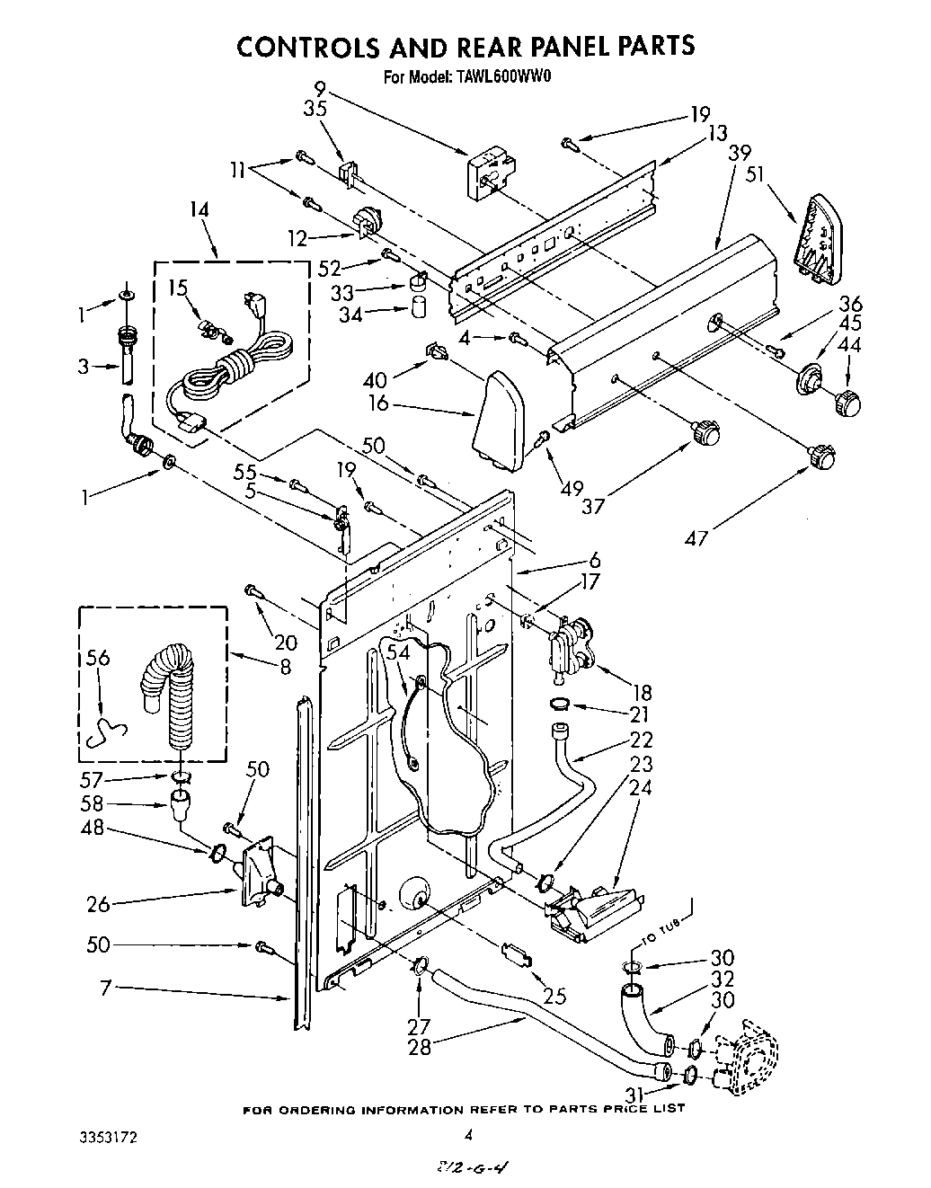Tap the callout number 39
tap(740, 152)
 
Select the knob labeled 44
tap(847, 403)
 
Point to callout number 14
tap(199, 210)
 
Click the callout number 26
tap(99, 904)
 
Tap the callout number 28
tap(420, 1048)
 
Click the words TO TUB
tap(664, 930)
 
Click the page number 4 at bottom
tap(467, 1136)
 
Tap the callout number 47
tap(696, 538)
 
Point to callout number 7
tap(104, 989)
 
